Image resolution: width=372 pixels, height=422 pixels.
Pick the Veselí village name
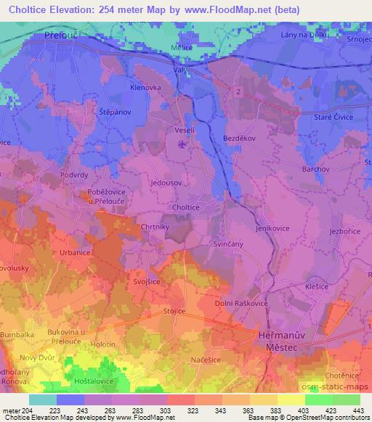coord(182,131)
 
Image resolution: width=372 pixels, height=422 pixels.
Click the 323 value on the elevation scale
coord(194,410)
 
